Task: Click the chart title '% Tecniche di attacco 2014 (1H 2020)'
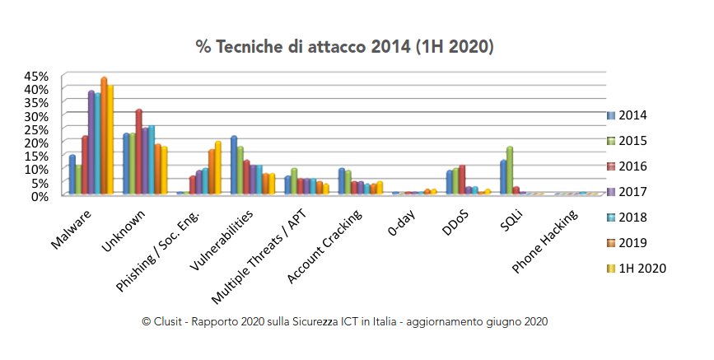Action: (344, 46)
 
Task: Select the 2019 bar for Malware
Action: (104, 136)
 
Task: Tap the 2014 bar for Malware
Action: (72, 175)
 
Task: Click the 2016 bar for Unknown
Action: (139, 152)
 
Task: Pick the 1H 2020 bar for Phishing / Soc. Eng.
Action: (218, 168)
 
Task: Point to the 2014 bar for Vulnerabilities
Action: (234, 166)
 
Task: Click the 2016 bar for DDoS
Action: (463, 180)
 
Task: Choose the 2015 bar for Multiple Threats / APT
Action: (293, 181)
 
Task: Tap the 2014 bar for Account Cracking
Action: (342, 181)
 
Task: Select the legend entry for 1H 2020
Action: (641, 268)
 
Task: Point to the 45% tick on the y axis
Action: (37, 76)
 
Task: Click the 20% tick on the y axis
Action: (37, 143)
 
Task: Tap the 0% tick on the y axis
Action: (40, 196)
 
